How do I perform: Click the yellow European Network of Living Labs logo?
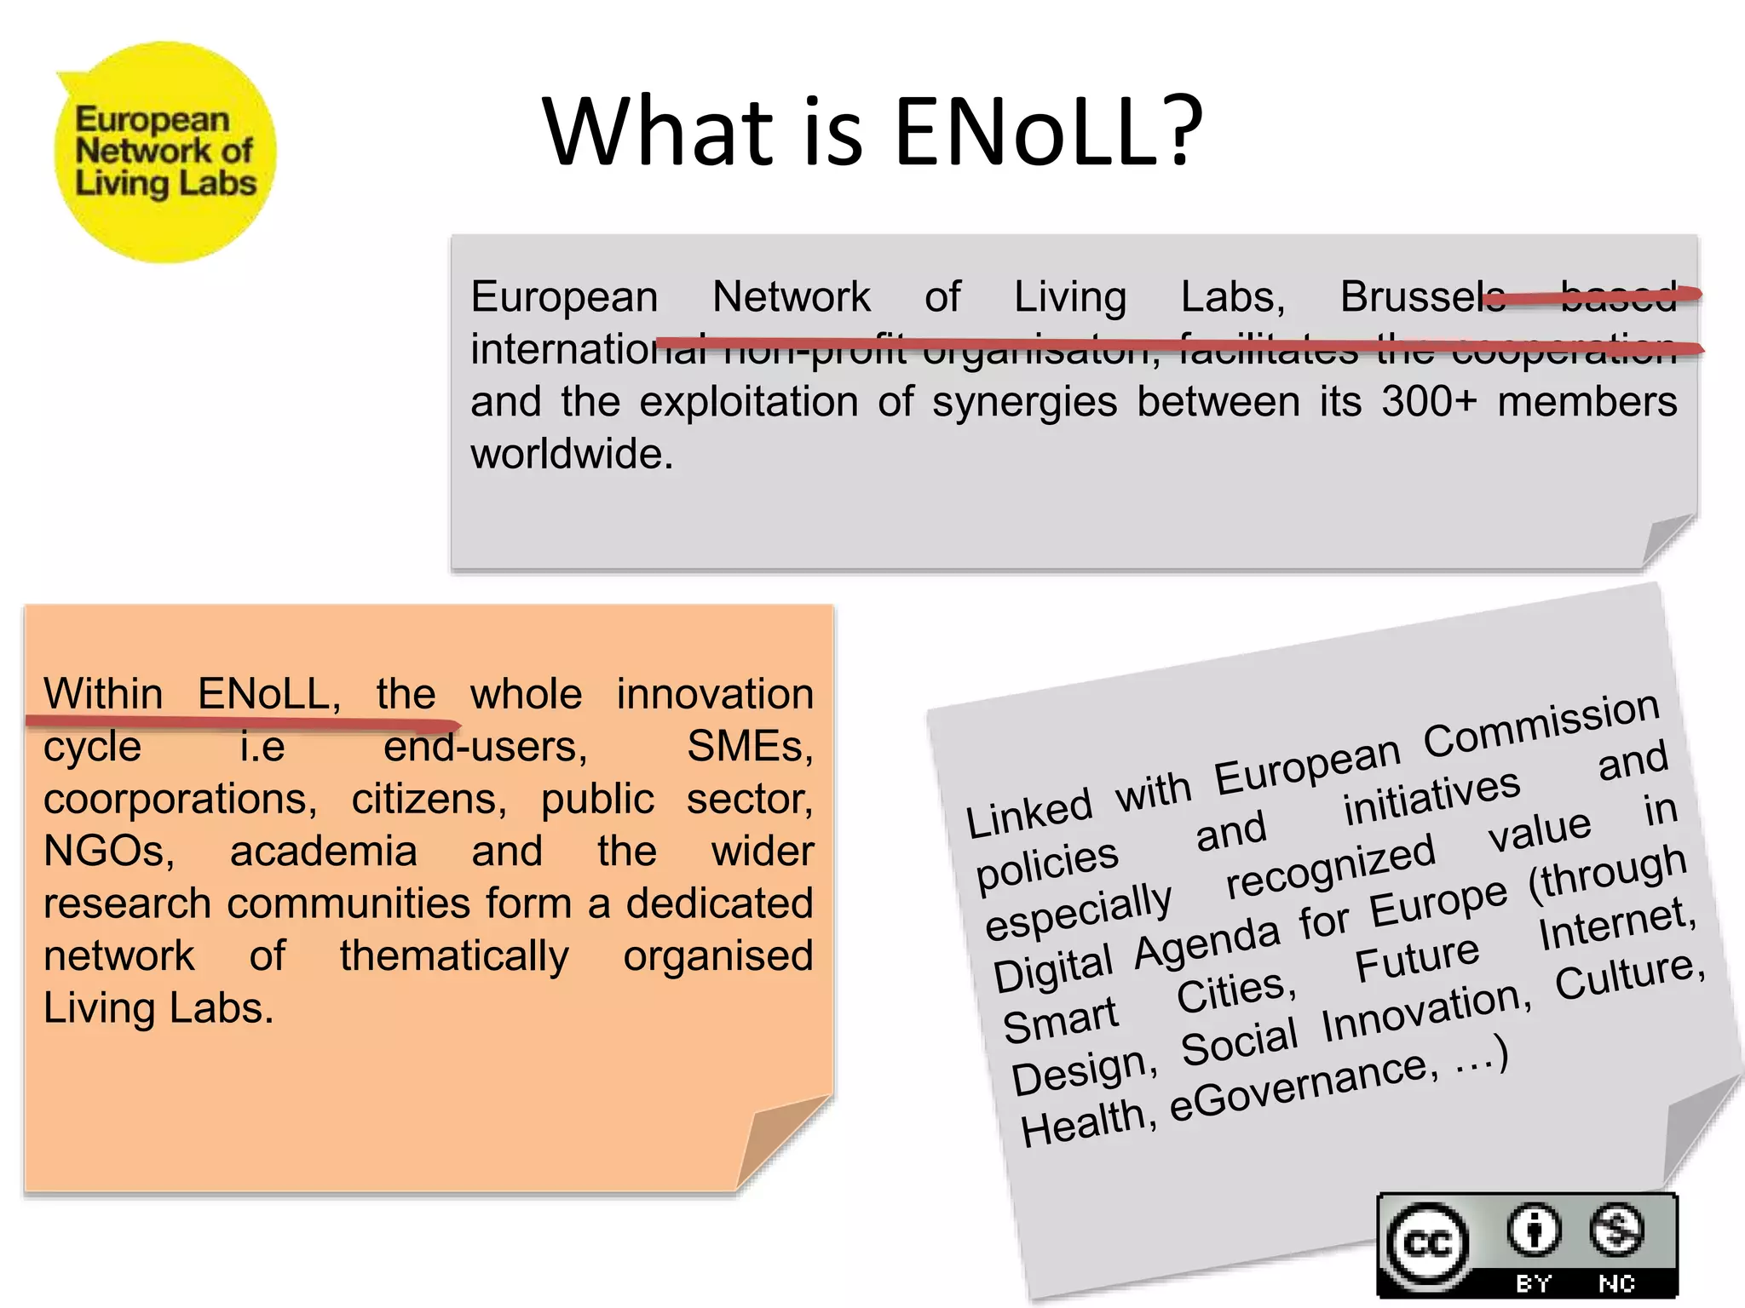[x=164, y=152]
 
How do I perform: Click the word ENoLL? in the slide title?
[x=1048, y=131]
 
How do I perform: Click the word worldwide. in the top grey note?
[x=572, y=454]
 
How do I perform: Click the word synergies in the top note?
[x=1024, y=403]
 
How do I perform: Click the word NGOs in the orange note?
[x=108, y=851]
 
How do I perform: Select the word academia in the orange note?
[x=323, y=851]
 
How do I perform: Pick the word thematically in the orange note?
[x=454, y=955]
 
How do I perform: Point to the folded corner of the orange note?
[x=780, y=1141]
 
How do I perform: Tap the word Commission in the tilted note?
[x=1541, y=724]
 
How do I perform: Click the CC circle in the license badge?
[x=1427, y=1244]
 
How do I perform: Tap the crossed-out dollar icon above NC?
[x=1615, y=1229]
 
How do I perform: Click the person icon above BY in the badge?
[x=1534, y=1229]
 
